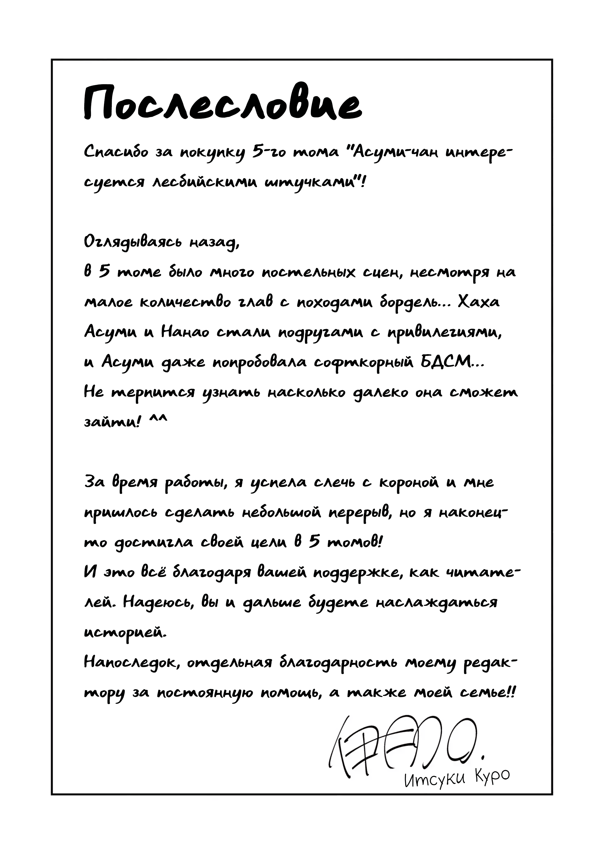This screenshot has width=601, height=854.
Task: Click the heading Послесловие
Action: pyautogui.click(x=222, y=103)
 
